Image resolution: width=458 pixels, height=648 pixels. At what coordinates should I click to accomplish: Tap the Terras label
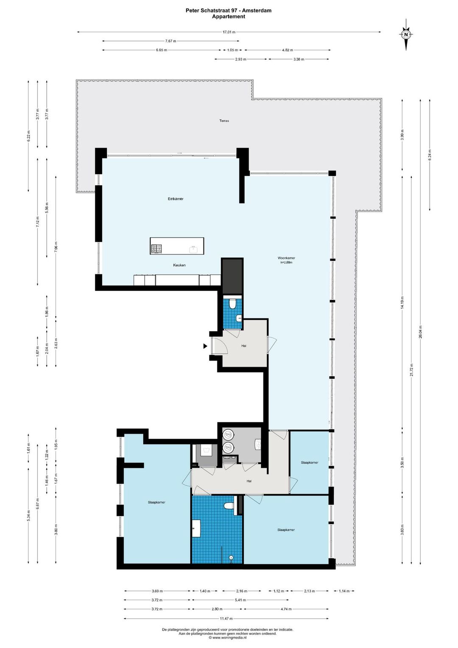coord(224,121)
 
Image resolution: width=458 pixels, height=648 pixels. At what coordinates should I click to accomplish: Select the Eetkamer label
coord(176,199)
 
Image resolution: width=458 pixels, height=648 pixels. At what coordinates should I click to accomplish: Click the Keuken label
coord(179,265)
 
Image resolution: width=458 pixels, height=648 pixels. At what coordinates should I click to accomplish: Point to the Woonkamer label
coord(286,258)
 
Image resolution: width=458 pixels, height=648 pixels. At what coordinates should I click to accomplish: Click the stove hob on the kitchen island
coord(157,248)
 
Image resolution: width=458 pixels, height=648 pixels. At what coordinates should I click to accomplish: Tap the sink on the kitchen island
coord(194,249)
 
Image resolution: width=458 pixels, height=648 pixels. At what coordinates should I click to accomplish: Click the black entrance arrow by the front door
coord(205,346)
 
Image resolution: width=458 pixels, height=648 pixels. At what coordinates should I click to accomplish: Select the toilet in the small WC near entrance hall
coord(232,304)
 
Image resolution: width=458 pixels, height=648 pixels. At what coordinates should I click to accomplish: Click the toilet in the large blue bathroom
coord(229,506)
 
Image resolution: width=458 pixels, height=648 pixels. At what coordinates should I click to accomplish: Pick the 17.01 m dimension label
coord(229,32)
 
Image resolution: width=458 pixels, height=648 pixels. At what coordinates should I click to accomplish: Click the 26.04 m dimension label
coord(420,331)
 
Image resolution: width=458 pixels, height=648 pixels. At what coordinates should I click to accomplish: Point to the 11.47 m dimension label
coord(226,619)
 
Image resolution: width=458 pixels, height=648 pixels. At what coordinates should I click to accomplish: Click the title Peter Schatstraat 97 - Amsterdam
coord(229,11)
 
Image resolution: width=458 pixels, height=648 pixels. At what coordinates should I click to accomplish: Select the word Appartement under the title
coord(229,17)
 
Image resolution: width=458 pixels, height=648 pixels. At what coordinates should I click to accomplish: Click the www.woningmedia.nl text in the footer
coord(229,637)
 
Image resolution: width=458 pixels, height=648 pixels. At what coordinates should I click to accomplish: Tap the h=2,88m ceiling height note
coord(286,263)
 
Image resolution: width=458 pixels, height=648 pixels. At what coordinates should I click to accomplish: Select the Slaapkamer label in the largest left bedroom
coord(156,502)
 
